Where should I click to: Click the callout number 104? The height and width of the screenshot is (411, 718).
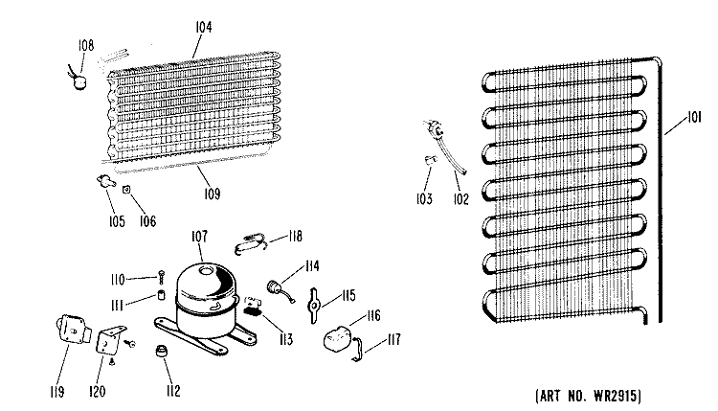pyautogui.click(x=204, y=27)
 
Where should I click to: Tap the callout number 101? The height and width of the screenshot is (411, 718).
pyautogui.click(x=694, y=118)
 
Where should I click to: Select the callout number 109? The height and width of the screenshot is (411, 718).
pyautogui.click(x=212, y=194)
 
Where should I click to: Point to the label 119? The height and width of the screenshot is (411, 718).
pyautogui.click(x=57, y=392)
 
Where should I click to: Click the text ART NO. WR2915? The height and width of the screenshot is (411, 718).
pyautogui.click(x=589, y=396)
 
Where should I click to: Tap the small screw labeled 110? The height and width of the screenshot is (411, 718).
pyautogui.click(x=161, y=277)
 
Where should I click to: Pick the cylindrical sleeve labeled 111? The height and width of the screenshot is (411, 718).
pyautogui.click(x=161, y=295)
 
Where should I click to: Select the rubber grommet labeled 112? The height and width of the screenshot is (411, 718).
pyautogui.click(x=162, y=352)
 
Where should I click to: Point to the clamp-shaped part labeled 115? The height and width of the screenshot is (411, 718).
pyautogui.click(x=314, y=306)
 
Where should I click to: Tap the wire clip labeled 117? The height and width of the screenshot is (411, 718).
pyautogui.click(x=357, y=349)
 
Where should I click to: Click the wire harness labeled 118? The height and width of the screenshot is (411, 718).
pyautogui.click(x=251, y=243)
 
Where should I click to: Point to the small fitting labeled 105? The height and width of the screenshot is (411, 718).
pyautogui.click(x=105, y=180)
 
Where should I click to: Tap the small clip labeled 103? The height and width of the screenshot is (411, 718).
pyautogui.click(x=431, y=160)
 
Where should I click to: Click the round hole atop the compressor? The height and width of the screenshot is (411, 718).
pyautogui.click(x=208, y=270)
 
